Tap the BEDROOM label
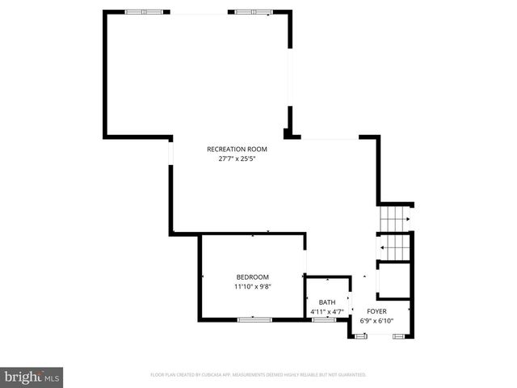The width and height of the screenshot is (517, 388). tap(252, 276)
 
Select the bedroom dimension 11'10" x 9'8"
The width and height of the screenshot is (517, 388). tap(252, 286)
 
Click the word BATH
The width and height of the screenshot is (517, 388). tap(326, 302)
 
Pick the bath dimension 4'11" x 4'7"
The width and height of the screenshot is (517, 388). tap(326, 311)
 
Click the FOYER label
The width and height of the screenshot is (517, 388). tap(376, 311)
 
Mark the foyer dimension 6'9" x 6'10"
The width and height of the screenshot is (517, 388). tap(376, 320)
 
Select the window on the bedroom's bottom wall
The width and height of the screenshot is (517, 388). tap(254, 319)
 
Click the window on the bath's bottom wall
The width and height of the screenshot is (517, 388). tap(324, 319)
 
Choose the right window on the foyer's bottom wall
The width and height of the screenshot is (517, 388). tap(398, 335)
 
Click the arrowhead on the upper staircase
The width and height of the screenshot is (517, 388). tap(409, 218)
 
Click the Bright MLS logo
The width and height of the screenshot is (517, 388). tap(32, 377)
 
